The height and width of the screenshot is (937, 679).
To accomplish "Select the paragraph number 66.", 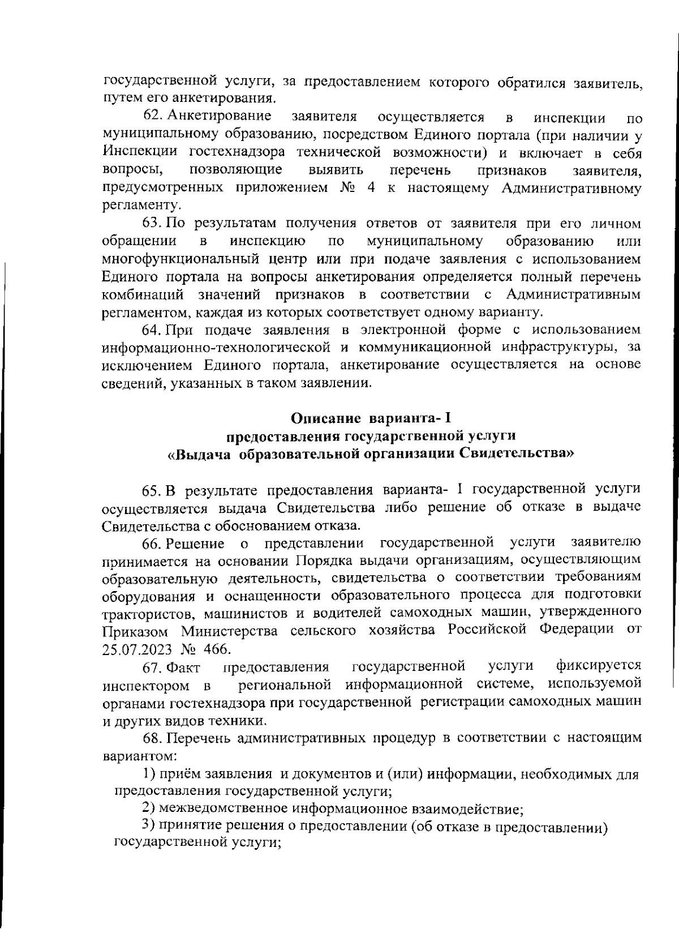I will point(151,544).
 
